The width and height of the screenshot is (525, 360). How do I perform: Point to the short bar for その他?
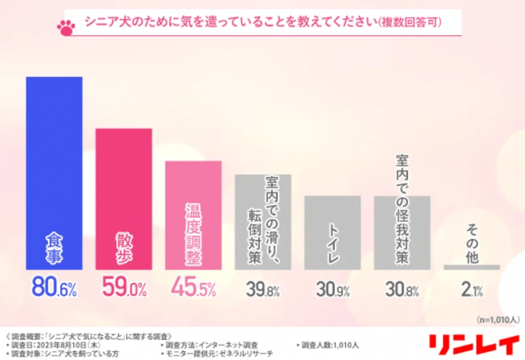(x=472, y=267)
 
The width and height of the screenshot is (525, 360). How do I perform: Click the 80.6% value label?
(x=54, y=289)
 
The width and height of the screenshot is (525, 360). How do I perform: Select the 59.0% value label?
(x=124, y=289)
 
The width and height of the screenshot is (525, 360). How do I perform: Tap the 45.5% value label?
(x=193, y=289)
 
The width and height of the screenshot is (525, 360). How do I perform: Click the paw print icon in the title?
(x=65, y=26)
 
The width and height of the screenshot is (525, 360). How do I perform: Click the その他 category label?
(x=472, y=241)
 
